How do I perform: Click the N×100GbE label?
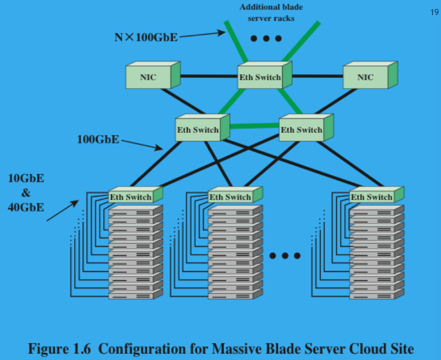pyautogui.click(x=143, y=37)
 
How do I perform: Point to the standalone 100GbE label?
pyautogui.click(x=98, y=138)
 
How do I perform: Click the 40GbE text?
pyautogui.click(x=26, y=208)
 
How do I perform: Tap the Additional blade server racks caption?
pyautogui.click(x=266, y=13)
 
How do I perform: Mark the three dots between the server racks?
pyautogui.click(x=285, y=256)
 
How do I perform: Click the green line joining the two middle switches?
pyautogui.click(x=254, y=126)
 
